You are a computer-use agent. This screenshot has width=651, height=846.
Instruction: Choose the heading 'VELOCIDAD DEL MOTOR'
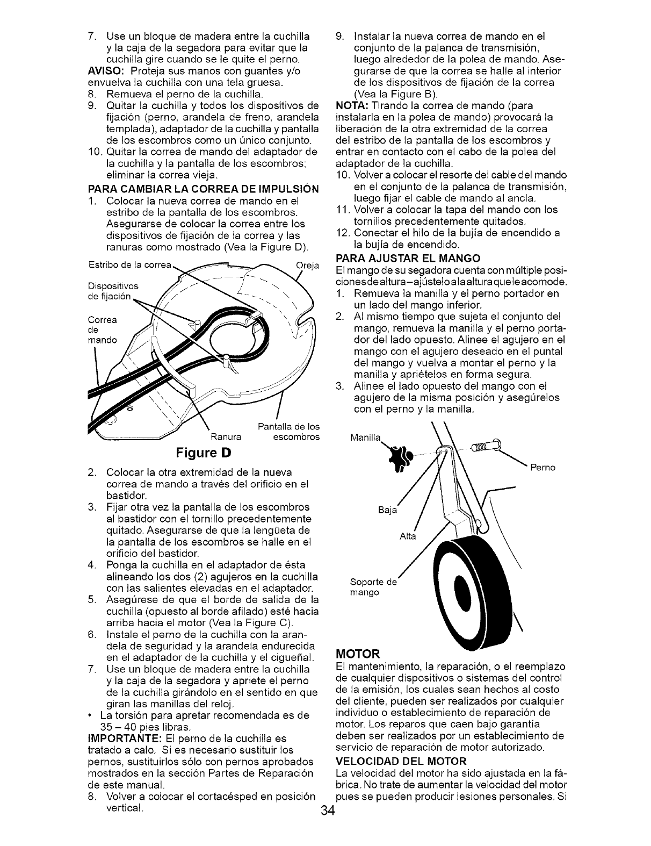[400, 761]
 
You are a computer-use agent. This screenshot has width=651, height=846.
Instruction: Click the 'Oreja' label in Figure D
[307, 264]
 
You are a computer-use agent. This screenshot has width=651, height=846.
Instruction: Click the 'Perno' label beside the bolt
[542, 468]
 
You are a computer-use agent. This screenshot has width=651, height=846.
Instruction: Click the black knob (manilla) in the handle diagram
[400, 457]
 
